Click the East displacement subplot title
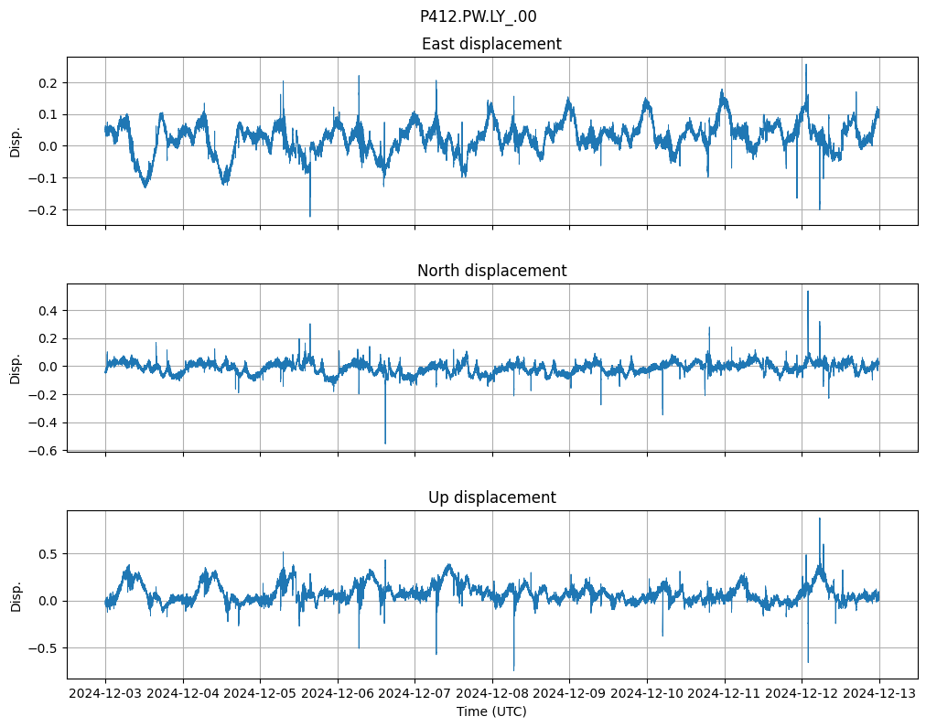tap(491, 44)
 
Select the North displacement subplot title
tap(491, 271)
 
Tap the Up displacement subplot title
tap(491, 497)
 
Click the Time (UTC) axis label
tap(491, 711)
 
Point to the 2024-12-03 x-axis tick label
tap(105, 694)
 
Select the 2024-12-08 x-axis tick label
tap(492, 694)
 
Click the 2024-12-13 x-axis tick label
tap(879, 694)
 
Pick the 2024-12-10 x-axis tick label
tap(647, 694)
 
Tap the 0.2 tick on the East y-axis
tap(47, 83)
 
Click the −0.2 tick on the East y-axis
tap(43, 209)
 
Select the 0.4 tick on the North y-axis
tap(47, 311)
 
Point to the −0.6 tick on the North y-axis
tap(43, 451)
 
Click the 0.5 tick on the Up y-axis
tap(47, 554)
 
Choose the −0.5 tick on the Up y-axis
tap(43, 648)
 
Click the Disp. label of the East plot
tap(16, 141)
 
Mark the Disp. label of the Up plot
tap(16, 594)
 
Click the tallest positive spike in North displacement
tap(807, 292)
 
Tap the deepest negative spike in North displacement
tap(385, 444)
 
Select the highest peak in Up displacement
tap(819, 519)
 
